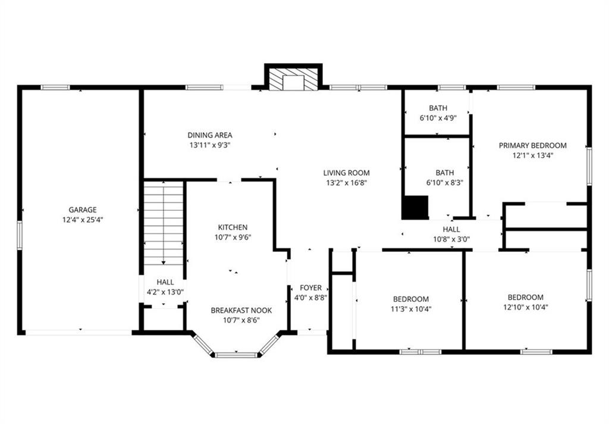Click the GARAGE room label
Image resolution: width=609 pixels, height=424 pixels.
pos(82,210)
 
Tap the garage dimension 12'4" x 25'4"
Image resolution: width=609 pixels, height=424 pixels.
pos(83,220)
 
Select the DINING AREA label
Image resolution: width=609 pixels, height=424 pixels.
pos(210,135)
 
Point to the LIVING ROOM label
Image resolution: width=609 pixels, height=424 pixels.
pos(347,173)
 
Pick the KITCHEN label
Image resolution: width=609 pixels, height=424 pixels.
pos(233,227)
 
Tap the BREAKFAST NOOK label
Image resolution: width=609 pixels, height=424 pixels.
pos(241,310)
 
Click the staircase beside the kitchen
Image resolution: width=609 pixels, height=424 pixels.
pos(164,223)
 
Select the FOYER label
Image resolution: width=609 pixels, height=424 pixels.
pos(310,288)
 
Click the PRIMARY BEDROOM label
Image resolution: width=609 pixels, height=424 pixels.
pos(532,145)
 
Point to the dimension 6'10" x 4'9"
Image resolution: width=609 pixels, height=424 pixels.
pos(438,118)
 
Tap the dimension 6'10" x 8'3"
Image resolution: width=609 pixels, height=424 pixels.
pos(445,182)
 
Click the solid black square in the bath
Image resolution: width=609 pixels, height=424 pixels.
pos(415,207)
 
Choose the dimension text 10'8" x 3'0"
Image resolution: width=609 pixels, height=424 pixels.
pos(451,239)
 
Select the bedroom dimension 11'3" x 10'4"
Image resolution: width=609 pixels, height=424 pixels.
pos(411,309)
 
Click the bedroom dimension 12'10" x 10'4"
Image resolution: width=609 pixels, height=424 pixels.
pos(526,307)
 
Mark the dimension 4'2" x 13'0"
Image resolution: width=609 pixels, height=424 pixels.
pos(165,292)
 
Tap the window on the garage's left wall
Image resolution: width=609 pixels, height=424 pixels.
pos(20,235)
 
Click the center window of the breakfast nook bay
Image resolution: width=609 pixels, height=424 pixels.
pos(236,355)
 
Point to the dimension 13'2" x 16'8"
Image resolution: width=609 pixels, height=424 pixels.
pos(347,182)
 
